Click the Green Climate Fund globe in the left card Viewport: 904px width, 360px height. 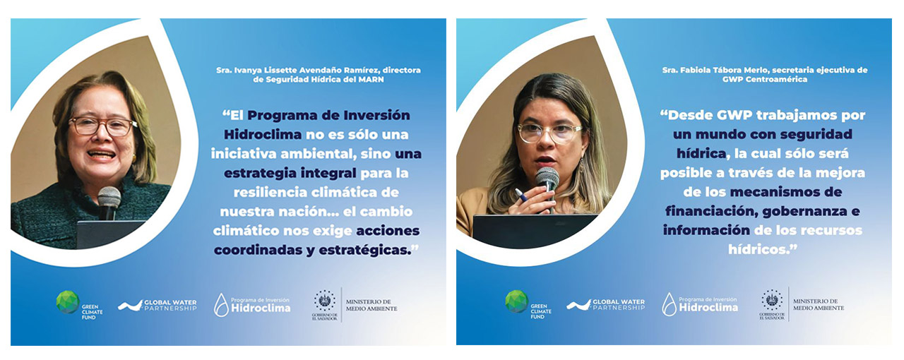click(x=67, y=302)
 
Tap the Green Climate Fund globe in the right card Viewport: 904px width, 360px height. click(x=516, y=301)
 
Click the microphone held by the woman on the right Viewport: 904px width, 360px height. click(x=547, y=185)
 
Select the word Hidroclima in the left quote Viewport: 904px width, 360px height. click(x=262, y=134)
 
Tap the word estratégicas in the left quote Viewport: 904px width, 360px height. click(x=365, y=250)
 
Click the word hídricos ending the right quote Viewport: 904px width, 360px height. click(x=759, y=249)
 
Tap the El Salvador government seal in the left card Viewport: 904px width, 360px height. click(x=324, y=301)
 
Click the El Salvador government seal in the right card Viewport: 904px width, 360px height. click(x=772, y=300)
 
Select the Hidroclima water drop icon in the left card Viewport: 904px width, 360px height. click(x=221, y=305)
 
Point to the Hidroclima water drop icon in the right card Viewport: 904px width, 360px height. click(x=669, y=304)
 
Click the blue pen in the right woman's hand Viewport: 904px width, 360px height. click(x=521, y=195)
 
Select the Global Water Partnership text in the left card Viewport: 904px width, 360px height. click(x=170, y=305)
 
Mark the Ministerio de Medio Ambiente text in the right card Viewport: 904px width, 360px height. click(x=819, y=304)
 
